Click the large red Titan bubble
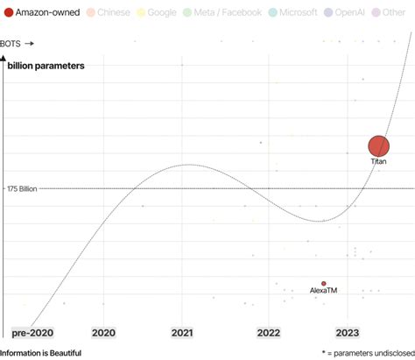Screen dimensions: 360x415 (378, 146)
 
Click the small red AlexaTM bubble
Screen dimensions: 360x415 (323, 284)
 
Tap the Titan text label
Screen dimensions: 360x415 (378, 162)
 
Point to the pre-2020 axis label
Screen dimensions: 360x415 (32, 333)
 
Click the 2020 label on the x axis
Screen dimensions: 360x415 (103, 333)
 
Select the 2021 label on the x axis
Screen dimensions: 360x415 (182, 333)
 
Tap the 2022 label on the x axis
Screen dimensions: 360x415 (267, 333)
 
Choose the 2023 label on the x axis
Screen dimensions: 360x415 (348, 333)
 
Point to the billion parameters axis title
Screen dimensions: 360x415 (46, 66)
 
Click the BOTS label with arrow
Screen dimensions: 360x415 (18, 42)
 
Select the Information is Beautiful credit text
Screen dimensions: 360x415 (41, 352)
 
